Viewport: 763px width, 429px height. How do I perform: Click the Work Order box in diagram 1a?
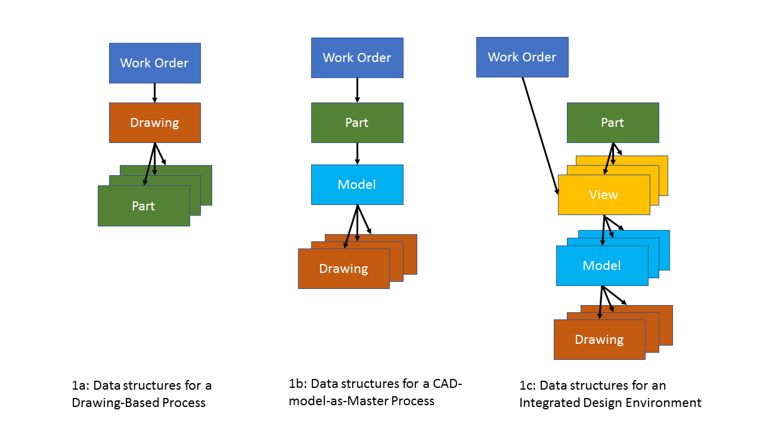tap(155, 63)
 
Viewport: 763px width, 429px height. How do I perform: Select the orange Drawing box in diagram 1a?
tap(155, 123)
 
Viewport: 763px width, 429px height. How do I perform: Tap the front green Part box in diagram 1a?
tap(144, 206)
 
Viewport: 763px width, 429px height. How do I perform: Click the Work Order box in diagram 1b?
tap(357, 58)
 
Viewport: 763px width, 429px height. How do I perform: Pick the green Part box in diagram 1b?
tap(357, 123)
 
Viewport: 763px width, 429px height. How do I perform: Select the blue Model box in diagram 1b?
tap(357, 185)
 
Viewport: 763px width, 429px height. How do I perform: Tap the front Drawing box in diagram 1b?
tap(344, 269)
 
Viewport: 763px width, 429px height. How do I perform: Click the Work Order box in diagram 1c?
tap(522, 57)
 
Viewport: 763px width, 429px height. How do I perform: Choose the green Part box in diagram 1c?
tap(613, 123)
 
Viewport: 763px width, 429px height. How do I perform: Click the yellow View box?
tap(604, 195)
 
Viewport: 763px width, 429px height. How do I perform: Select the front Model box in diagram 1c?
tap(602, 266)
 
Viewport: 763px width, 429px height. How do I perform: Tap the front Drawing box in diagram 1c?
tap(600, 340)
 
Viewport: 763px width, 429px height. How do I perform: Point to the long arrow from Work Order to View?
tap(541, 136)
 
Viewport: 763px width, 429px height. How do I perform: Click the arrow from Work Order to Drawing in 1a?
tap(154, 93)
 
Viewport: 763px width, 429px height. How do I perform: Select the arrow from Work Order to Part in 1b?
tap(357, 90)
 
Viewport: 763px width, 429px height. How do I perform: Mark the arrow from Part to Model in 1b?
tap(357, 154)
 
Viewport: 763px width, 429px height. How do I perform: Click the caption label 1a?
tap(80, 386)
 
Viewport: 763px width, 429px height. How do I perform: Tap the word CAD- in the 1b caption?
tap(447, 384)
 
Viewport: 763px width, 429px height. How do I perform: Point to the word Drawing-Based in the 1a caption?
tap(115, 403)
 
